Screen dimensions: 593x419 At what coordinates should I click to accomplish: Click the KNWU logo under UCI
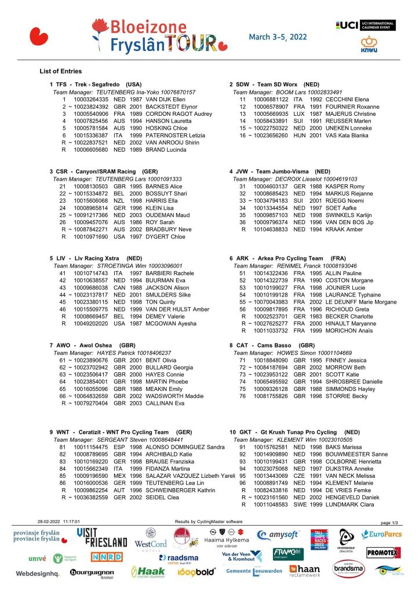point(369,44)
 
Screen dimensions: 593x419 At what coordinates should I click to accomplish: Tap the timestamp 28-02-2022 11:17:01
point(59,522)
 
